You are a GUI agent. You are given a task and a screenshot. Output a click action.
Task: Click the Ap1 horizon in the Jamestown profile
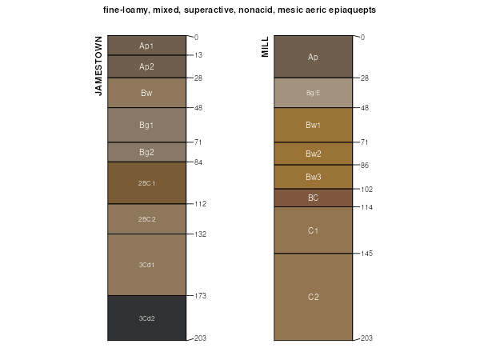(x=146, y=46)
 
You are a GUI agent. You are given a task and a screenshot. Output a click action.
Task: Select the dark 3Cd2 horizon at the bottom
(x=146, y=318)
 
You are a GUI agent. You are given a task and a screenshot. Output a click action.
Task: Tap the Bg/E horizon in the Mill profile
(x=313, y=93)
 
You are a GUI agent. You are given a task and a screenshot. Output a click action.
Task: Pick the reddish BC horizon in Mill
(x=313, y=198)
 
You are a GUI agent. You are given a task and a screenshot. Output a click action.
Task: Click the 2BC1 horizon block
(x=146, y=183)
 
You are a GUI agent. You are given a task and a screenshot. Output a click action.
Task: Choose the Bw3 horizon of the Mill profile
(x=313, y=177)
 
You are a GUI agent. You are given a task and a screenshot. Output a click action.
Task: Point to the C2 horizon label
(x=313, y=298)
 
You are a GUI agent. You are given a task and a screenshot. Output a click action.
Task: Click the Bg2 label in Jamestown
(x=146, y=152)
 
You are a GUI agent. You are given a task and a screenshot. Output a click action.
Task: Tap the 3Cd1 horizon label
(x=146, y=265)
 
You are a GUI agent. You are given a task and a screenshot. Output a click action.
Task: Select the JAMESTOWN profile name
(x=99, y=66)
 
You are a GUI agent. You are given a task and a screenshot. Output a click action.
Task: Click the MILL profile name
(x=266, y=46)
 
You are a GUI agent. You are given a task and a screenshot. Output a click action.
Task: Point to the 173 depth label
(x=199, y=296)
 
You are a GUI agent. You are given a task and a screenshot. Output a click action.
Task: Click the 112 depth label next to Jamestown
(x=199, y=204)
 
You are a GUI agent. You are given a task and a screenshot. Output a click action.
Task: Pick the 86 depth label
(x=364, y=166)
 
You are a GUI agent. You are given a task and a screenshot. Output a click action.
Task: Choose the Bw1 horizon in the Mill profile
(x=313, y=125)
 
